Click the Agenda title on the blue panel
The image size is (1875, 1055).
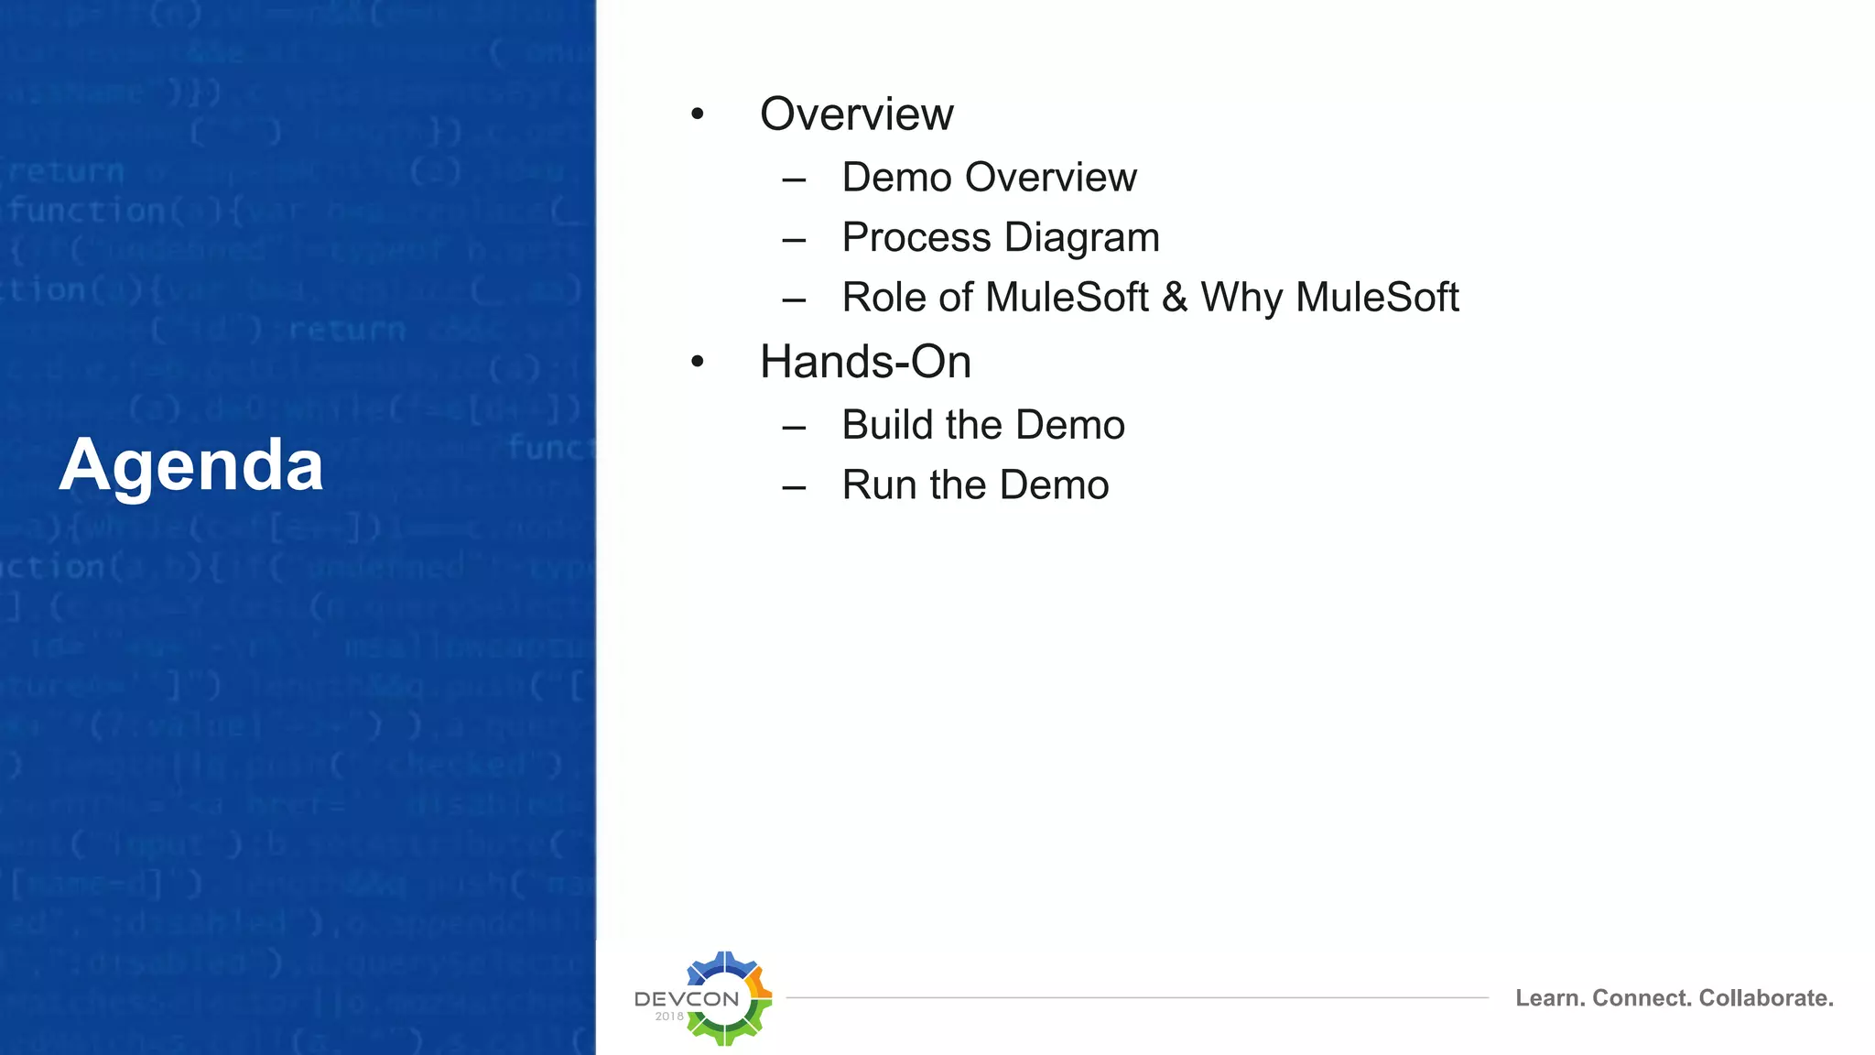[x=191, y=466]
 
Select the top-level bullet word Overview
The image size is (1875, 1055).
[x=856, y=114]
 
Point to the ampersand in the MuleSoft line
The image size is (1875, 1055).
[x=1174, y=298]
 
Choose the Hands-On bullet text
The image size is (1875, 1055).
[x=865, y=362]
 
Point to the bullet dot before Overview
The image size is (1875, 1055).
[x=698, y=114]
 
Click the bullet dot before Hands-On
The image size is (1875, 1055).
[x=698, y=362]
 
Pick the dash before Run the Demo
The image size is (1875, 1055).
[x=794, y=487]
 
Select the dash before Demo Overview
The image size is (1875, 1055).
[x=794, y=179]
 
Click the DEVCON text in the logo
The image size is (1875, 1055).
[x=687, y=999]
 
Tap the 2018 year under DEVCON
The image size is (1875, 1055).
[x=669, y=1017]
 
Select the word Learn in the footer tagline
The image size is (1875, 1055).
[x=1549, y=998]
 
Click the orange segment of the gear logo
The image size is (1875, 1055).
[x=759, y=984]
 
